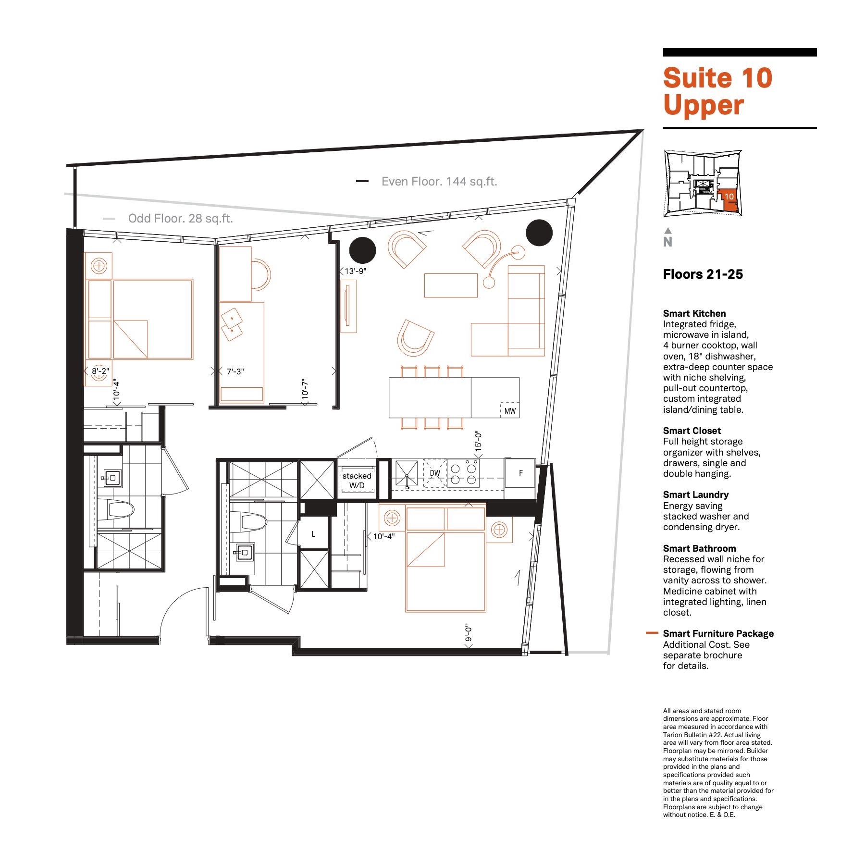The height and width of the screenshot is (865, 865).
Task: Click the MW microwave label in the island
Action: tap(510, 411)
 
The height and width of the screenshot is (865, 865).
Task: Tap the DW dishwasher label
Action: tap(435, 473)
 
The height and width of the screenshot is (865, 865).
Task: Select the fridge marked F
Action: tap(520, 473)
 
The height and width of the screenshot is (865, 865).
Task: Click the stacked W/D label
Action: tap(357, 481)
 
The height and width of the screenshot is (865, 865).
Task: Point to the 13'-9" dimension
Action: tap(356, 271)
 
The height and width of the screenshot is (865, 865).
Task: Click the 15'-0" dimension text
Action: tap(478, 440)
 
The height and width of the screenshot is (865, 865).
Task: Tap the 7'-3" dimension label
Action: tap(235, 371)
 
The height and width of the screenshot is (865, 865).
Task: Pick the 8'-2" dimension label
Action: tap(100, 371)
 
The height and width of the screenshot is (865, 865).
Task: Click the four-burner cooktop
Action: tap(463, 473)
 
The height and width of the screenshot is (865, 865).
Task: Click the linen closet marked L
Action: tap(313, 534)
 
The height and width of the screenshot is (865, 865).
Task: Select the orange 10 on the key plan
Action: tap(729, 196)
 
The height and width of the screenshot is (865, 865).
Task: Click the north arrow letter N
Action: tap(667, 242)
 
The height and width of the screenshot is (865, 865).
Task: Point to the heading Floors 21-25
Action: tap(703, 274)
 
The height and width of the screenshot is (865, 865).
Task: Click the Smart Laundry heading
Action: tap(695, 494)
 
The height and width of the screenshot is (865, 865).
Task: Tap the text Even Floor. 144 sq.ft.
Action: tap(439, 182)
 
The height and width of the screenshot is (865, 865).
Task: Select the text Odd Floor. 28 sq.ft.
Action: tap(180, 219)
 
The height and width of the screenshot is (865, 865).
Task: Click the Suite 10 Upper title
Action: tap(717, 91)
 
